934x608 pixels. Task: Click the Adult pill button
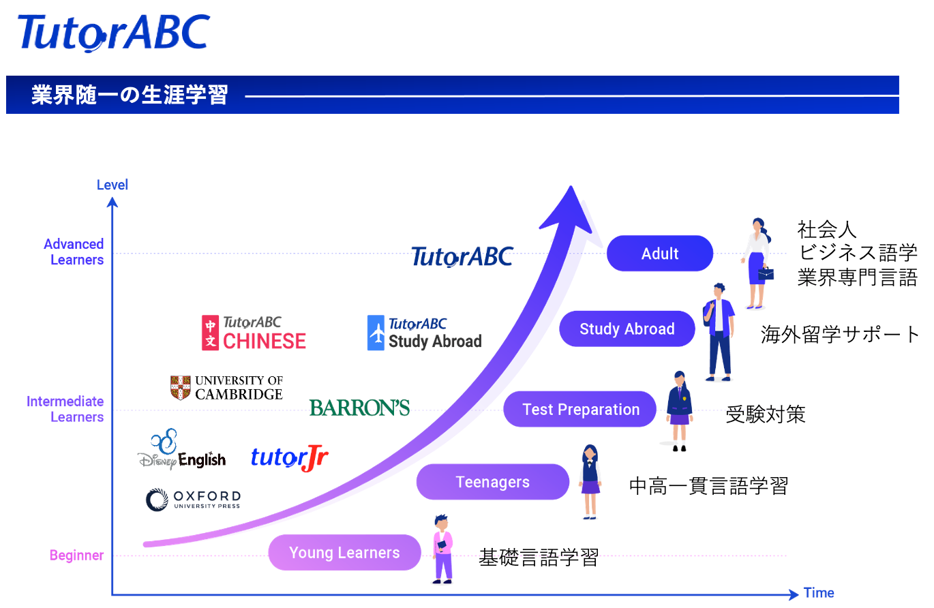[x=659, y=254]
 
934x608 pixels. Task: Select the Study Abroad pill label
[x=627, y=329]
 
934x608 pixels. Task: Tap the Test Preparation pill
[x=580, y=410]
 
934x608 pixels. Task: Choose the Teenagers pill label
[x=492, y=483]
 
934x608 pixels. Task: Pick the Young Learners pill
[x=344, y=553]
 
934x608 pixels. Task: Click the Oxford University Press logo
[x=193, y=500]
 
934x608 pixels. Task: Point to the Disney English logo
[x=181, y=451]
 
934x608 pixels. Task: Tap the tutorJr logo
[x=289, y=458]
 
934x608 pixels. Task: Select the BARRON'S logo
[x=359, y=408]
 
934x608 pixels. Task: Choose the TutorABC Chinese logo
[x=254, y=333]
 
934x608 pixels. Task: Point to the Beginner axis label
[x=77, y=556]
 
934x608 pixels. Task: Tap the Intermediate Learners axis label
[x=65, y=409]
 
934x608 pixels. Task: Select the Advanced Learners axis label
[x=74, y=252]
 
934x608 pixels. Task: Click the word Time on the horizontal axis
[x=819, y=592]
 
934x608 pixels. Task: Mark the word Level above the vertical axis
[x=112, y=185]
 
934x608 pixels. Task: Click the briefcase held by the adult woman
[x=766, y=273]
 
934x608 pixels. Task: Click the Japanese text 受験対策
[x=765, y=414]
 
